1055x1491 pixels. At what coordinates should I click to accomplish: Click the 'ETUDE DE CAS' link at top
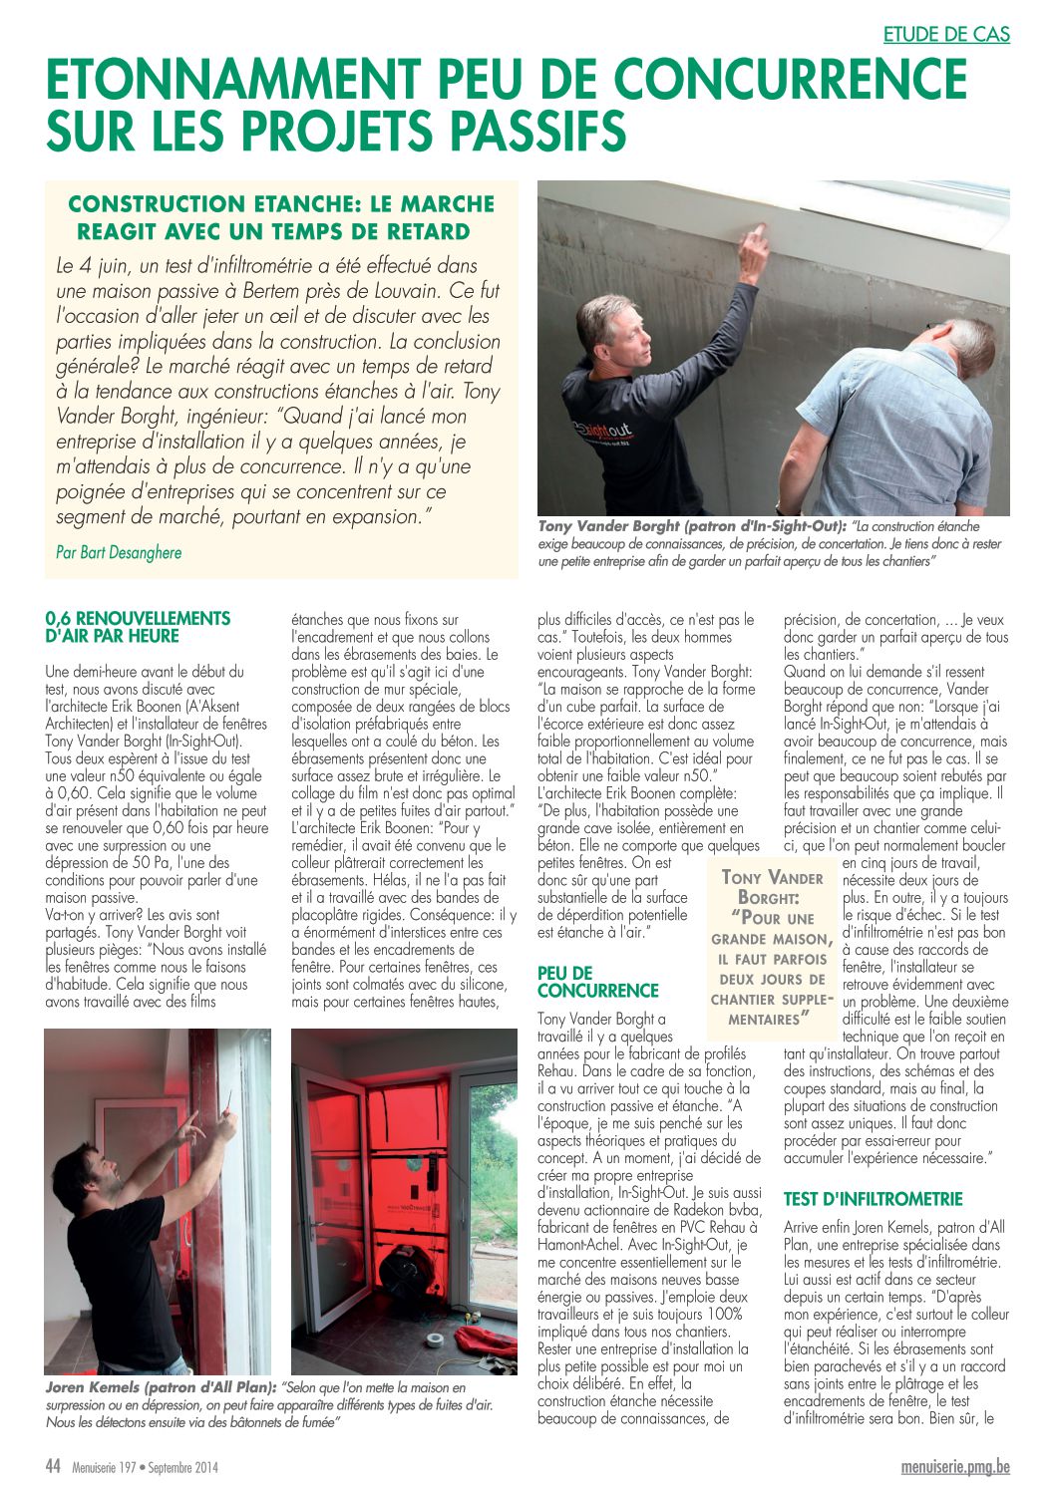(946, 34)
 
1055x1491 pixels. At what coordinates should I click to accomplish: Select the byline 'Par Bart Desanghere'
(119, 552)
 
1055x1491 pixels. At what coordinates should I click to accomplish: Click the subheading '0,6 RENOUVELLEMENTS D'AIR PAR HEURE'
(138, 627)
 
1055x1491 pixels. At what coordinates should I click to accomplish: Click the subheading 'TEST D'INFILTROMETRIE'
(873, 1199)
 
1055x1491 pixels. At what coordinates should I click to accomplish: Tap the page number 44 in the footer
(53, 1466)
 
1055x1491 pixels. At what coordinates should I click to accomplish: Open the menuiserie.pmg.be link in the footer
(955, 1466)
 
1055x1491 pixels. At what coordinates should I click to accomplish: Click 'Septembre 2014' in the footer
(183, 1467)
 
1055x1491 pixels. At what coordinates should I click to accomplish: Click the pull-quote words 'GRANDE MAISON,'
(772, 939)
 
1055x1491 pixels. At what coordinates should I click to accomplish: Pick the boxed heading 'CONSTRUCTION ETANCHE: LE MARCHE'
(281, 204)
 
